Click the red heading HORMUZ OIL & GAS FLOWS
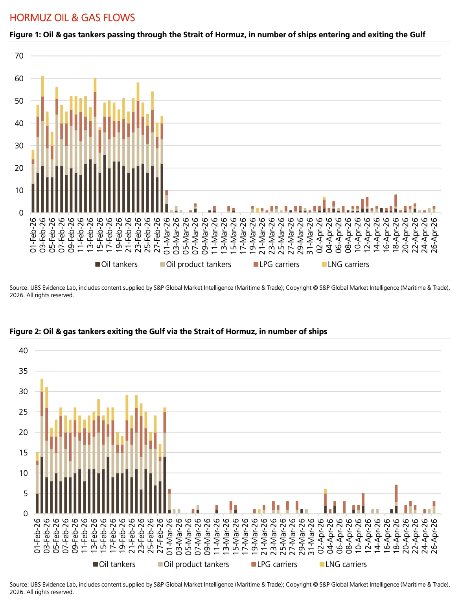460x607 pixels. (72, 18)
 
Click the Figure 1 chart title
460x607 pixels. (217, 35)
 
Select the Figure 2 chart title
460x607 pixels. (168, 331)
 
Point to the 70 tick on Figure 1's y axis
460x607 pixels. (19, 56)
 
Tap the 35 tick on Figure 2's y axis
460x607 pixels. (23, 371)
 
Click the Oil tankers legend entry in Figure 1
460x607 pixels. (116, 264)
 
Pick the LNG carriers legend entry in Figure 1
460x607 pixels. (345, 264)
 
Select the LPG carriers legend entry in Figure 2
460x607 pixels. (274, 564)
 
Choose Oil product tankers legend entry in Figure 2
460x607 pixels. (193, 564)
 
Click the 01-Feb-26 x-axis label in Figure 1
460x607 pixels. (33, 235)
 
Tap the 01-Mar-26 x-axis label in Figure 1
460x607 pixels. (167, 235)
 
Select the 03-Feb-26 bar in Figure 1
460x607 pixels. (42, 144)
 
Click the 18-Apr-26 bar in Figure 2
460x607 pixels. (396, 499)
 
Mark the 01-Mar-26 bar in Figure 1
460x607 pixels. (166, 201)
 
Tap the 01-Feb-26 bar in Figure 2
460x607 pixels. (37, 483)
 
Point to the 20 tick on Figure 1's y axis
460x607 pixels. (19, 168)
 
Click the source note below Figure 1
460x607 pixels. (230, 291)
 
